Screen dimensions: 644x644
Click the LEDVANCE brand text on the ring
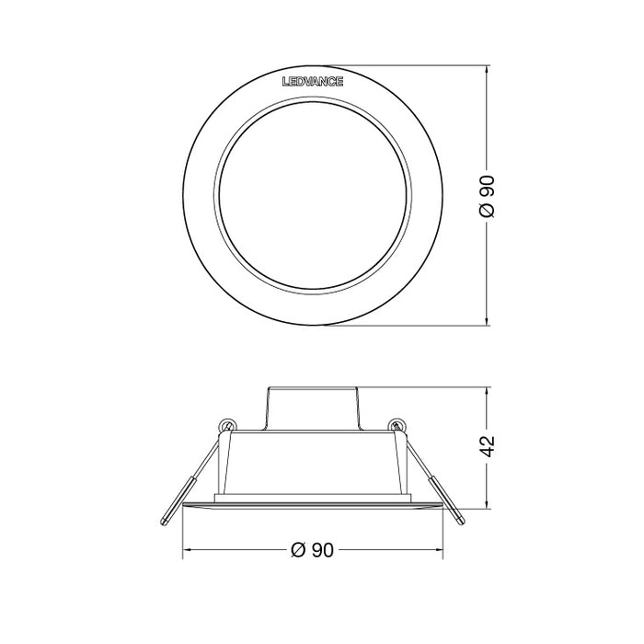313,82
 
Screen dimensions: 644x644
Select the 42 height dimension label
489,445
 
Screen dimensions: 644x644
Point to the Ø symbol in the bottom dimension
297,550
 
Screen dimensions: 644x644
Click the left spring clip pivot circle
226,425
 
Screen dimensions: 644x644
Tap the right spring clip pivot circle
397,425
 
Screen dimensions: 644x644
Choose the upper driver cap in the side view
312,406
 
